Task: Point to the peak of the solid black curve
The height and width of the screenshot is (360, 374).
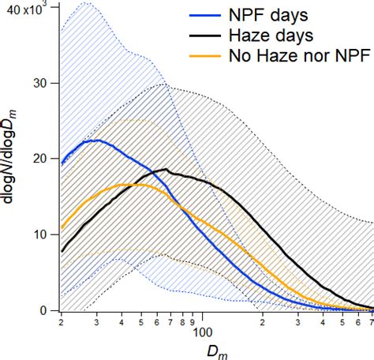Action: [x=164, y=170]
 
